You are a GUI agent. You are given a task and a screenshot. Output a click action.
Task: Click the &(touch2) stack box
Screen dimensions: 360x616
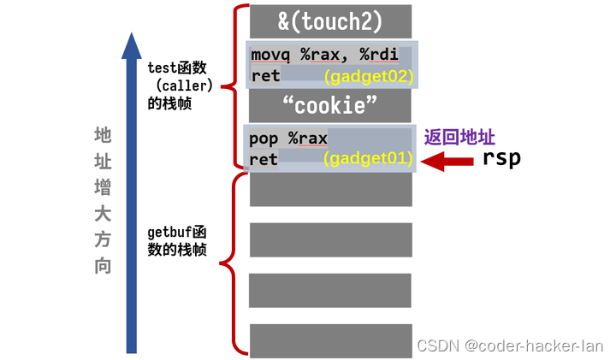coord(330,19)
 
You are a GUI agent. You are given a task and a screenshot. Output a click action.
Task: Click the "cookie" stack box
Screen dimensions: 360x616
coord(330,106)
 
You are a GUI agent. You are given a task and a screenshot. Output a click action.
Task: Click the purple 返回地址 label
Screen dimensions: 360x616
coord(460,137)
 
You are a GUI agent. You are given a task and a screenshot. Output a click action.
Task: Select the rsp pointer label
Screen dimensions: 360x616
coord(501,158)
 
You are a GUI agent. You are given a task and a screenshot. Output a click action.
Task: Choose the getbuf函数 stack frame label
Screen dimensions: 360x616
coord(178,241)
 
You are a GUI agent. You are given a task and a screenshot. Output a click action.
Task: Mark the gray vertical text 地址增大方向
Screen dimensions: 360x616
coord(103,201)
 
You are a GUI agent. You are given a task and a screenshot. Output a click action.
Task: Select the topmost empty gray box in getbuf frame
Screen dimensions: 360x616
coord(330,189)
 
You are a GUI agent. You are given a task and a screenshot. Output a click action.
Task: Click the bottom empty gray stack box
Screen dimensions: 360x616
coord(330,339)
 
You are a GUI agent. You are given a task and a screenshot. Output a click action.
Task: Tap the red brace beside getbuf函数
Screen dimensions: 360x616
coord(228,262)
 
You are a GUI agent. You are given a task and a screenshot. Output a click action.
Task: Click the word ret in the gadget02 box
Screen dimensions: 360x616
coord(265,77)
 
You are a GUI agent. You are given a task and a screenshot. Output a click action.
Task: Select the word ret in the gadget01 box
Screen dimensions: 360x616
coord(264,158)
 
